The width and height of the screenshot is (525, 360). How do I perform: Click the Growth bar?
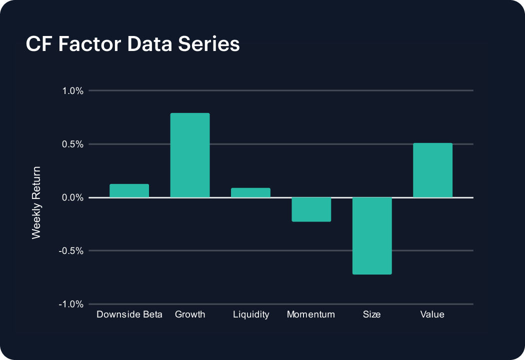[x=190, y=155]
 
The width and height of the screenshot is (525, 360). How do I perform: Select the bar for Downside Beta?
[x=129, y=191]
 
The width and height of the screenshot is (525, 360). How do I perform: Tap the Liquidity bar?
[x=250, y=193]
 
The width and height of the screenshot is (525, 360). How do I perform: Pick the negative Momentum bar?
[x=311, y=209]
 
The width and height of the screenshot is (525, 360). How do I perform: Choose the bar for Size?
[x=372, y=236]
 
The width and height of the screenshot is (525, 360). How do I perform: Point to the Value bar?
[x=432, y=170]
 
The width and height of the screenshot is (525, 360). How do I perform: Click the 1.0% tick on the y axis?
[x=72, y=91]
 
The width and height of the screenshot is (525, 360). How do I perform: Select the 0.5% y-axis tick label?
[x=72, y=144]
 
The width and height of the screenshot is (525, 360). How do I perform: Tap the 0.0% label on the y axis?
[x=72, y=197]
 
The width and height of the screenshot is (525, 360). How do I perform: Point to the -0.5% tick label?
[x=71, y=251]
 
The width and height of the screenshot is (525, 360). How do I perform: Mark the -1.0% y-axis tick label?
[x=71, y=304]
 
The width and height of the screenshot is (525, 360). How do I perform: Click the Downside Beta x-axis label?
[x=129, y=314]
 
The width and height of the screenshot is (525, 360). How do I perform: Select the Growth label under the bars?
[x=190, y=314]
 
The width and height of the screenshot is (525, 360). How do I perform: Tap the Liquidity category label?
[x=251, y=315]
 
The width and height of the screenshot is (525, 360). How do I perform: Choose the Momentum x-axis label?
[x=311, y=314]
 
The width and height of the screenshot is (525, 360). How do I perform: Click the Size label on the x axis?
[x=371, y=314]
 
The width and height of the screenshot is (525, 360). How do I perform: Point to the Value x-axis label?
[x=432, y=314]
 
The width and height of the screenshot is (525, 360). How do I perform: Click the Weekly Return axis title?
[x=36, y=202]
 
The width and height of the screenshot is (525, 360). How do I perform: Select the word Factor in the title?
[x=89, y=44]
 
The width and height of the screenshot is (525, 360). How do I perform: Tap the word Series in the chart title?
[x=209, y=44]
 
